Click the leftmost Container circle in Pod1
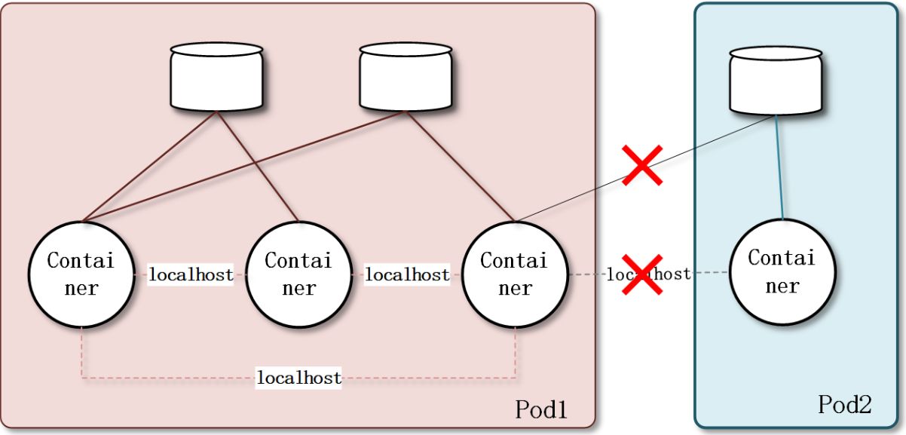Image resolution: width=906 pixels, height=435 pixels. (x=81, y=274)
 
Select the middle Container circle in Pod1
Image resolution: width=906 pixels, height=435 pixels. (x=298, y=274)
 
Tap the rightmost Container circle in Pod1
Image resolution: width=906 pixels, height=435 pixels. (x=514, y=274)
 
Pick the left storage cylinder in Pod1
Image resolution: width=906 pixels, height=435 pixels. (x=216, y=78)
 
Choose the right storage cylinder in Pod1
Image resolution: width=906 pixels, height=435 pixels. (x=406, y=77)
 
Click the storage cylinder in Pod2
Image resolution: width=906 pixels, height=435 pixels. (x=776, y=81)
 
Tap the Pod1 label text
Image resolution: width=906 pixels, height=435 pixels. (x=540, y=409)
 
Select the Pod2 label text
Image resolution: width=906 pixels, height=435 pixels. (x=844, y=405)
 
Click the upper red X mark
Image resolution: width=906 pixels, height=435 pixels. (x=641, y=165)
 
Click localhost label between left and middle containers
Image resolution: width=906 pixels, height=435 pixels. (x=191, y=274)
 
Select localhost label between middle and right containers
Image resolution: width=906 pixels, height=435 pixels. (x=407, y=274)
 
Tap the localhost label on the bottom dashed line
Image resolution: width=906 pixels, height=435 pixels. (x=299, y=377)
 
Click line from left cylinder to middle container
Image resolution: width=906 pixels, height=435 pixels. (x=258, y=167)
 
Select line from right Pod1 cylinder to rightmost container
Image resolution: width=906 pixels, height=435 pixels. (x=460, y=167)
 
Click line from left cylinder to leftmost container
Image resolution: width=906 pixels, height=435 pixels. (x=149, y=167)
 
